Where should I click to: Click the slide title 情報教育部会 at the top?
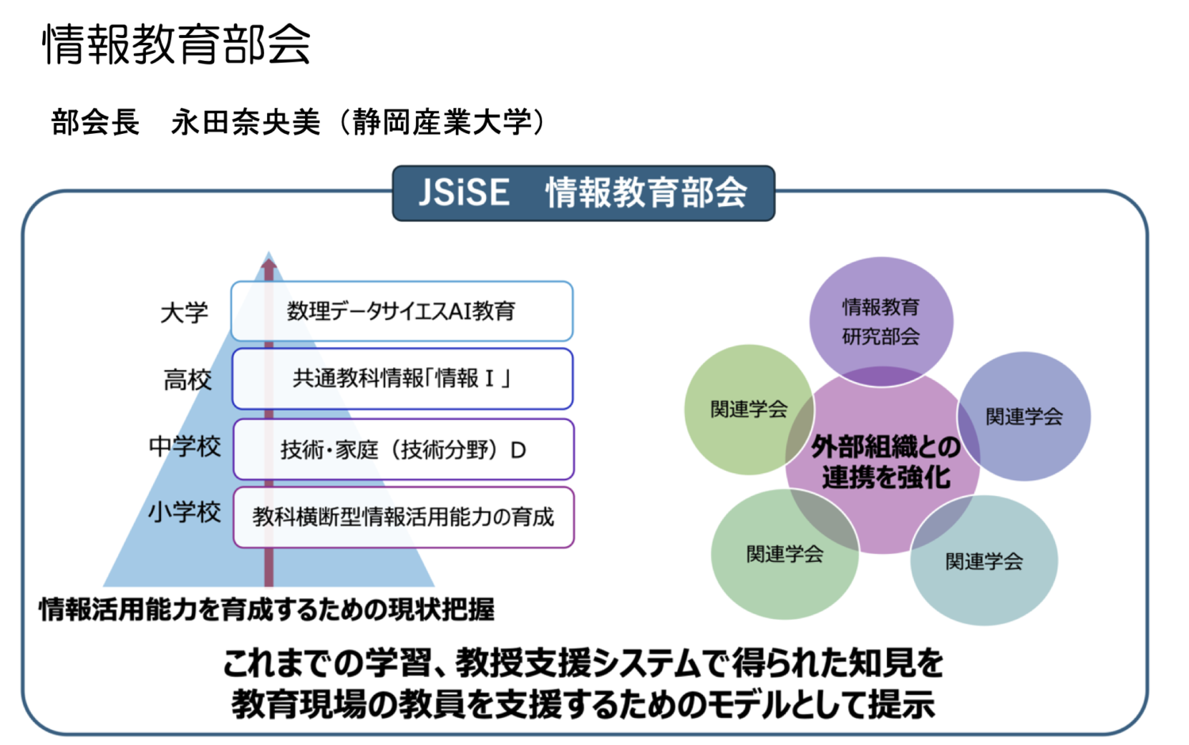(x=176, y=44)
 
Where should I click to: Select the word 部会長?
(x=96, y=123)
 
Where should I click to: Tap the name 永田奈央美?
(x=246, y=123)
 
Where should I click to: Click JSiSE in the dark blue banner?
(x=464, y=192)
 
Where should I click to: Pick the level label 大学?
(x=184, y=312)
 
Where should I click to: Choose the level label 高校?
(x=187, y=380)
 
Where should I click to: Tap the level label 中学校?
(x=185, y=446)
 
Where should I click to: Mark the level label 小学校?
(x=185, y=513)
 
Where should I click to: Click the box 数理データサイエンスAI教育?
(x=402, y=311)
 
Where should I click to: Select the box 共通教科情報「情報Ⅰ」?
(x=403, y=379)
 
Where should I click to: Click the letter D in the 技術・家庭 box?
(x=518, y=450)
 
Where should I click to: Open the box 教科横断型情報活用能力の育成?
(x=403, y=518)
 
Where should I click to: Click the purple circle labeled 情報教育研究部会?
(x=881, y=322)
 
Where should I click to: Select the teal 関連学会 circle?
(x=984, y=560)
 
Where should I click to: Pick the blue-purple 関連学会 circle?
(x=1024, y=417)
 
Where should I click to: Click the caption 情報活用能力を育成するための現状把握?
(x=267, y=609)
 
